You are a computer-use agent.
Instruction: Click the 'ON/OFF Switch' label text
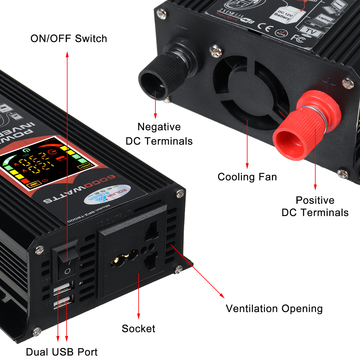69,39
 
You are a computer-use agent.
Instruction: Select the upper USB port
64,288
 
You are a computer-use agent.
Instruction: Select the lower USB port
64,301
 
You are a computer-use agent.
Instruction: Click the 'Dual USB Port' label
61,352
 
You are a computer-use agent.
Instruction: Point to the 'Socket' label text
138,328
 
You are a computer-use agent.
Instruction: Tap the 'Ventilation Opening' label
274,308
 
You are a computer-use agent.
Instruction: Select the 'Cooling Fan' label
247,177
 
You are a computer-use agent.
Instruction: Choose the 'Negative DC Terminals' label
159,134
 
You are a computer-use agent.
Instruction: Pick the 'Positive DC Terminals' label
315,206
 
